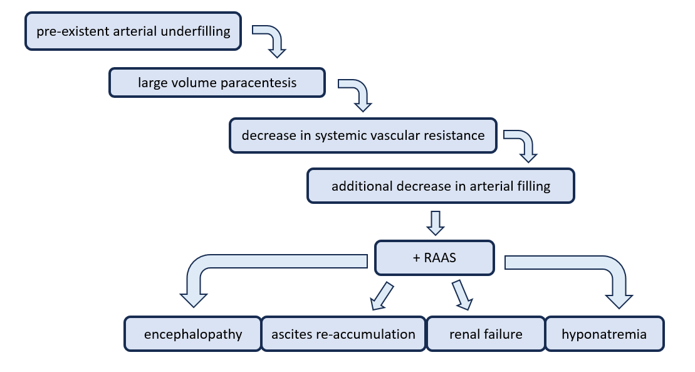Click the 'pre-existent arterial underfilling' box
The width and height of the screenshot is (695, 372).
(x=133, y=31)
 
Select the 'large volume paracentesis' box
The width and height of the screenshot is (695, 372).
(x=217, y=83)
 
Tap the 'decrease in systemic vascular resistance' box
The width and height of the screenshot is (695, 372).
(x=363, y=136)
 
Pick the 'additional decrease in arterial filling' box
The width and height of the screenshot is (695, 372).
(x=441, y=186)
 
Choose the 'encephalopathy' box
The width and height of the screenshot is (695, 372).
(x=192, y=334)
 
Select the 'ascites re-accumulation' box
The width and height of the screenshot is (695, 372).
(x=343, y=334)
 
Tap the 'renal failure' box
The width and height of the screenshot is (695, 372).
(x=485, y=334)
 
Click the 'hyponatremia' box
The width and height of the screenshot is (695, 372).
(x=604, y=334)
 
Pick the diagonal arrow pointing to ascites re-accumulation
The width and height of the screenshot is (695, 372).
(x=382, y=296)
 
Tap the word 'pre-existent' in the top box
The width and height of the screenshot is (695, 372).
(x=71, y=31)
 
